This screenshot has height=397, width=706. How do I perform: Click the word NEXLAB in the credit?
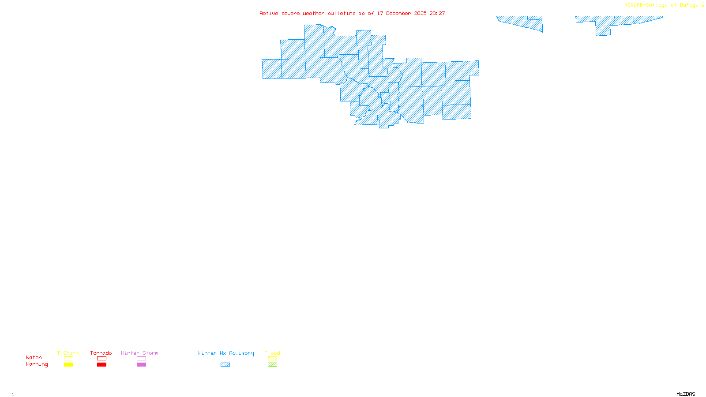point(634,5)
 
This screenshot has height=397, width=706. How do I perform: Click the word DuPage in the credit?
point(689,5)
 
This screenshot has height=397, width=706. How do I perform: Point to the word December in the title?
point(398,13)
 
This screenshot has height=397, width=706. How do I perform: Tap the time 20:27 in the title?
point(437,13)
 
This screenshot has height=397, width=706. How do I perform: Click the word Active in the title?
point(269,13)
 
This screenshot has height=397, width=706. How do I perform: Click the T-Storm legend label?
point(68,353)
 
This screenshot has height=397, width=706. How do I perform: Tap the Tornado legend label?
point(101,353)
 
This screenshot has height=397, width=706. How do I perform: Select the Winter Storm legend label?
point(139,353)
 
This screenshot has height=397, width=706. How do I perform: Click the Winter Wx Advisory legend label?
point(226,353)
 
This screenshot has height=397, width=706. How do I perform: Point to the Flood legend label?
point(272,353)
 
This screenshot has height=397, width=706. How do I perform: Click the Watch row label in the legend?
point(34,357)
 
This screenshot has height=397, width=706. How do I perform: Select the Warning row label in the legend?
point(37,364)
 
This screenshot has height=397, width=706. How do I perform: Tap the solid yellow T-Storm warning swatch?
point(68,365)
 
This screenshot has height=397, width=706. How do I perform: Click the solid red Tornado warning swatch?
point(101,365)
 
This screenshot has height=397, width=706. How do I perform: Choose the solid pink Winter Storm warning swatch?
point(141,365)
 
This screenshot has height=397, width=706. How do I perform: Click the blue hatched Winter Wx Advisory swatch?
point(225,365)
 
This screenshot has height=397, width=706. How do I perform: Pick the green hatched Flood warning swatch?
point(272,365)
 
